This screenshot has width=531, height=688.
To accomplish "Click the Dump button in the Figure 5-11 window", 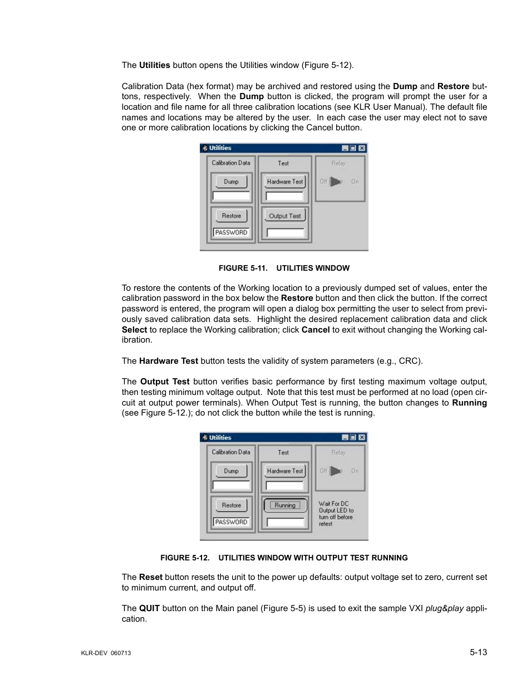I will pyautogui.click(x=231, y=182).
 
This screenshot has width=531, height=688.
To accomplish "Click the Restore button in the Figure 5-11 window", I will pyautogui.click(x=231, y=216).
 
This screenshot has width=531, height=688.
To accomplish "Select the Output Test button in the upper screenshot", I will pyautogui.click(x=284, y=216).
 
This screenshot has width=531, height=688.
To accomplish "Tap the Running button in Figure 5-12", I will pyautogui.click(x=285, y=505).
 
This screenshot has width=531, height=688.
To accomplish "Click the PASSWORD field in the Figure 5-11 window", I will pyautogui.click(x=231, y=232).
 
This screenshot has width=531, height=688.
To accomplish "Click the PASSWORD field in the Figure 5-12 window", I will pyautogui.click(x=231, y=522).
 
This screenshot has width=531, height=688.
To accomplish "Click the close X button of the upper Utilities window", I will pyautogui.click(x=362, y=148).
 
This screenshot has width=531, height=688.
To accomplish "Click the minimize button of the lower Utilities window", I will pyautogui.click(x=345, y=438).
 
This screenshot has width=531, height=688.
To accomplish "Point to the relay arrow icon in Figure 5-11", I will pyautogui.click(x=336, y=182).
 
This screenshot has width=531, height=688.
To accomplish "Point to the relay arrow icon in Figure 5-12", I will pyautogui.click(x=336, y=471).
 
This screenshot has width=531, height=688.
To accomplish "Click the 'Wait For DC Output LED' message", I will pyautogui.click(x=336, y=513).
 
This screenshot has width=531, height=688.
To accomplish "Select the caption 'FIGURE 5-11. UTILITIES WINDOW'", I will pyautogui.click(x=284, y=268).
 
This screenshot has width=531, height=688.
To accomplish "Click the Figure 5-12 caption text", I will pyautogui.click(x=284, y=558).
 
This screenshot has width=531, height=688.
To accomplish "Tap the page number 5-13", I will pyautogui.click(x=478, y=652).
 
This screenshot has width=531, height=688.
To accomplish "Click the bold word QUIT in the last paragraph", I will pyautogui.click(x=149, y=608).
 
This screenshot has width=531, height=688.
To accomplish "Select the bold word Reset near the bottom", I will pyautogui.click(x=150, y=577).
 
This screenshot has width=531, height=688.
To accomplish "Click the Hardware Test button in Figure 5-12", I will pyautogui.click(x=284, y=471).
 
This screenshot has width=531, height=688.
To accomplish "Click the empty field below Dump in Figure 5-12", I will pyautogui.click(x=231, y=485).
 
